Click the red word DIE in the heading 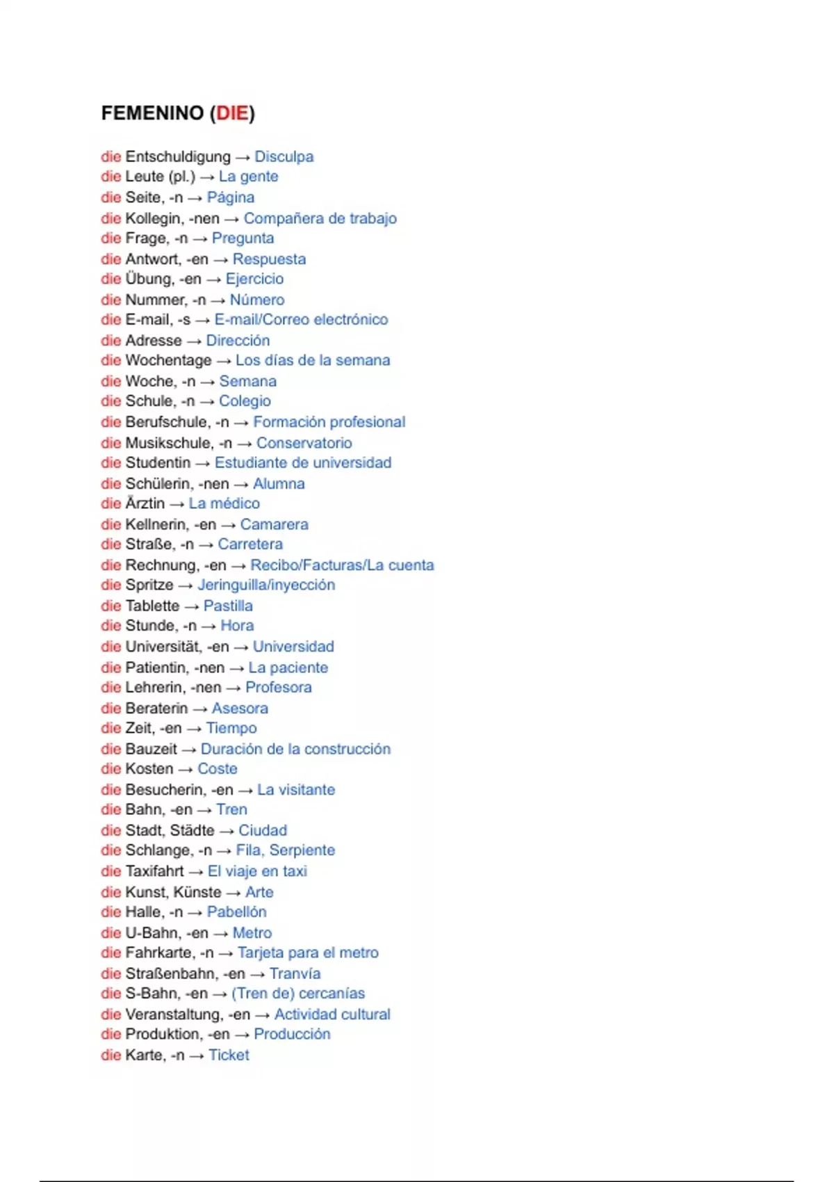point(232,113)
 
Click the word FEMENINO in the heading point(152,113)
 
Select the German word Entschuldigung point(177,157)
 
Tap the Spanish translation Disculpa point(284,157)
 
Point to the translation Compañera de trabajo point(320,218)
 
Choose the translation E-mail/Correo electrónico point(301,320)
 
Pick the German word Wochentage point(168,361)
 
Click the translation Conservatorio point(304,443)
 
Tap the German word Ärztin point(145,503)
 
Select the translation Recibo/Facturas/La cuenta point(342,565)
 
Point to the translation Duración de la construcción point(295,750)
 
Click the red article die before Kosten point(111,769)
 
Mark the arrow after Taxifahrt point(195,872)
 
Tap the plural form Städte point(192,831)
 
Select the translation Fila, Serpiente point(285,850)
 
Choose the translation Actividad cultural point(332,1014)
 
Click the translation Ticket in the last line point(229,1055)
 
